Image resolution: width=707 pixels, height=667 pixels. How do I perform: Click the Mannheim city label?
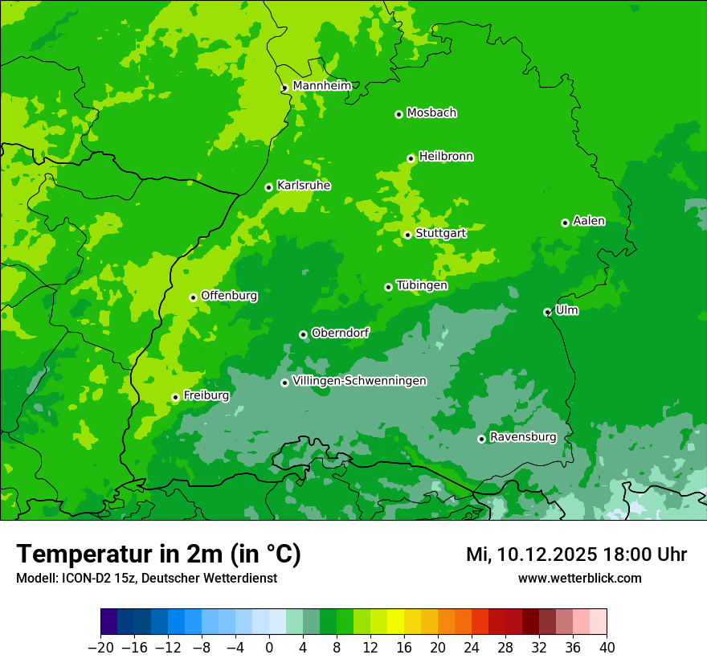pos(321,86)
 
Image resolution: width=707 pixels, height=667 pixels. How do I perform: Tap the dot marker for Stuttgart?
pos(407,235)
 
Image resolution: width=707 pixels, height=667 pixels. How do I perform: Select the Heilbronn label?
pos(446,157)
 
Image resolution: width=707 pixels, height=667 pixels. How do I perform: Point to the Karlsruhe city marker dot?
pos(268,187)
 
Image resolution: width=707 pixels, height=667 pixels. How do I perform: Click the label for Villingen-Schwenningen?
pos(359,381)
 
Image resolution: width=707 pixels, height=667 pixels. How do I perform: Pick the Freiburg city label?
pos(206,395)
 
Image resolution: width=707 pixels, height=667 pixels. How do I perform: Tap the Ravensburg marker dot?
pos(481,439)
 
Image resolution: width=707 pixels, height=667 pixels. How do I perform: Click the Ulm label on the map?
pos(566,310)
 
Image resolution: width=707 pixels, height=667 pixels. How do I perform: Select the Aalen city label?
pos(589,221)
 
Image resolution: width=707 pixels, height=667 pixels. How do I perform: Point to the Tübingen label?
pos(422,285)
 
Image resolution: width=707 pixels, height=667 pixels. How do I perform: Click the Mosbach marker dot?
pos(398,114)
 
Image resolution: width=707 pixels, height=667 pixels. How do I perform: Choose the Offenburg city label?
pos(229,296)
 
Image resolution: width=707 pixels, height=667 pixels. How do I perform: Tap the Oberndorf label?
pos(340,333)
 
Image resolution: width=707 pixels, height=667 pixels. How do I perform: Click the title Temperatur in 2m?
pos(158,554)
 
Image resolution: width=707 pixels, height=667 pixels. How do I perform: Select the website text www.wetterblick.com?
pos(579,578)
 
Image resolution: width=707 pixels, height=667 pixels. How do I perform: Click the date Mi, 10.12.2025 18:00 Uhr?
pos(576,554)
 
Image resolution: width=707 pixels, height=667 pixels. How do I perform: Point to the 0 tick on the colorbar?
pos(268,647)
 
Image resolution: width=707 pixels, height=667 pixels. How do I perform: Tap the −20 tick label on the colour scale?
pos(100,647)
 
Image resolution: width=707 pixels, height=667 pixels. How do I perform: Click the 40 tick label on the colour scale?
pos(607,647)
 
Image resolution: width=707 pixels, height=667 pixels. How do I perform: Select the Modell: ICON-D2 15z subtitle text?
pos(146,578)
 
